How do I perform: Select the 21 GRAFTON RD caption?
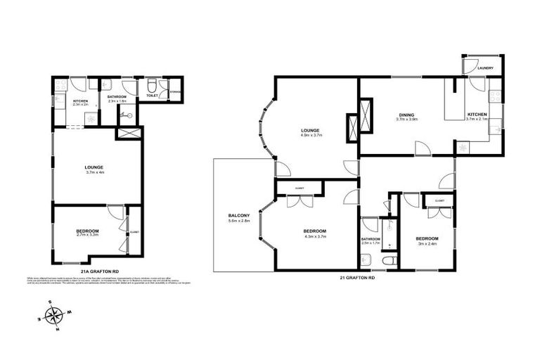[x=357, y=278]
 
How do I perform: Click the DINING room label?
[x=406, y=115]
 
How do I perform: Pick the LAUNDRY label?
[x=485, y=68]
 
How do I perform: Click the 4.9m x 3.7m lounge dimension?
[x=311, y=136]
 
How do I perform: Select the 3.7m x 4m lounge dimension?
[x=95, y=172]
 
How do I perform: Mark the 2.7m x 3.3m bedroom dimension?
[x=87, y=236]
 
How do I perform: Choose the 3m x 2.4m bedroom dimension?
[x=427, y=243]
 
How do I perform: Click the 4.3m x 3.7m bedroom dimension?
[x=314, y=237]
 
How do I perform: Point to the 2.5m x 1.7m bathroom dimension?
[x=371, y=243]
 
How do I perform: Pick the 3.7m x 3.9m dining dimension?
[x=406, y=120]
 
